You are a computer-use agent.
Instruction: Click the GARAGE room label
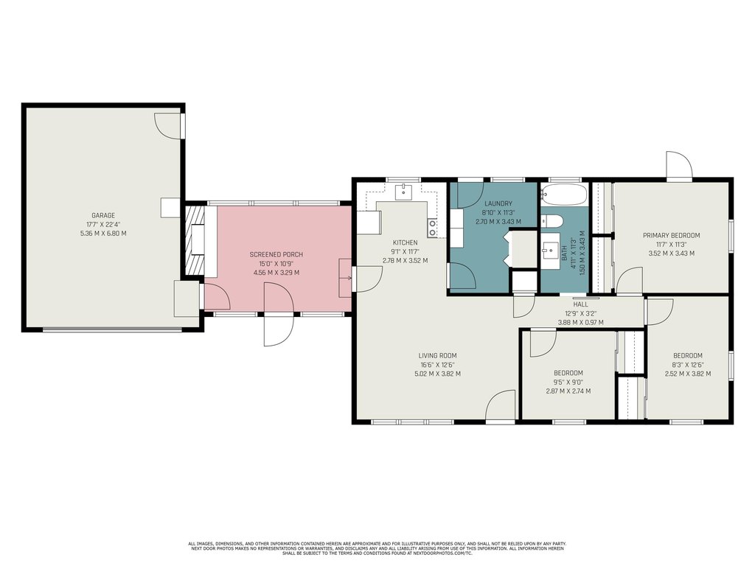click(x=103, y=216)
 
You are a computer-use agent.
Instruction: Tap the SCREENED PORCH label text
click(x=276, y=254)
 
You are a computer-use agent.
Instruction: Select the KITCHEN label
click(x=405, y=242)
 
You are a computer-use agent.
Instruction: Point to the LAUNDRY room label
click(x=498, y=203)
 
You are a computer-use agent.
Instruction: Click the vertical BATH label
click(x=564, y=254)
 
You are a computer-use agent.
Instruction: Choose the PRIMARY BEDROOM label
click(x=671, y=235)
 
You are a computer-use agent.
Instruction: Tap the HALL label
click(x=580, y=304)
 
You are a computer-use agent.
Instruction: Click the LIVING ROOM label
click(x=437, y=356)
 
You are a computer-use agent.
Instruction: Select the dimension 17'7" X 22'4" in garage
click(x=103, y=224)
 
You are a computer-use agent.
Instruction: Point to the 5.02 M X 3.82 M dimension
click(x=437, y=374)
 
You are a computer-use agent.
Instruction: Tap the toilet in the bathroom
click(x=552, y=221)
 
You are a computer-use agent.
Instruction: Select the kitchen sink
click(x=403, y=192)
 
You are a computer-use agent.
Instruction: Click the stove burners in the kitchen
click(x=432, y=228)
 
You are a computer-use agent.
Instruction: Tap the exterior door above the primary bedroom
click(x=679, y=167)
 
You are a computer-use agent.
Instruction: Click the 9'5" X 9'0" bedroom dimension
click(x=568, y=382)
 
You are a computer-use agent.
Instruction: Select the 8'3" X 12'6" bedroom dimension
click(x=688, y=365)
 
